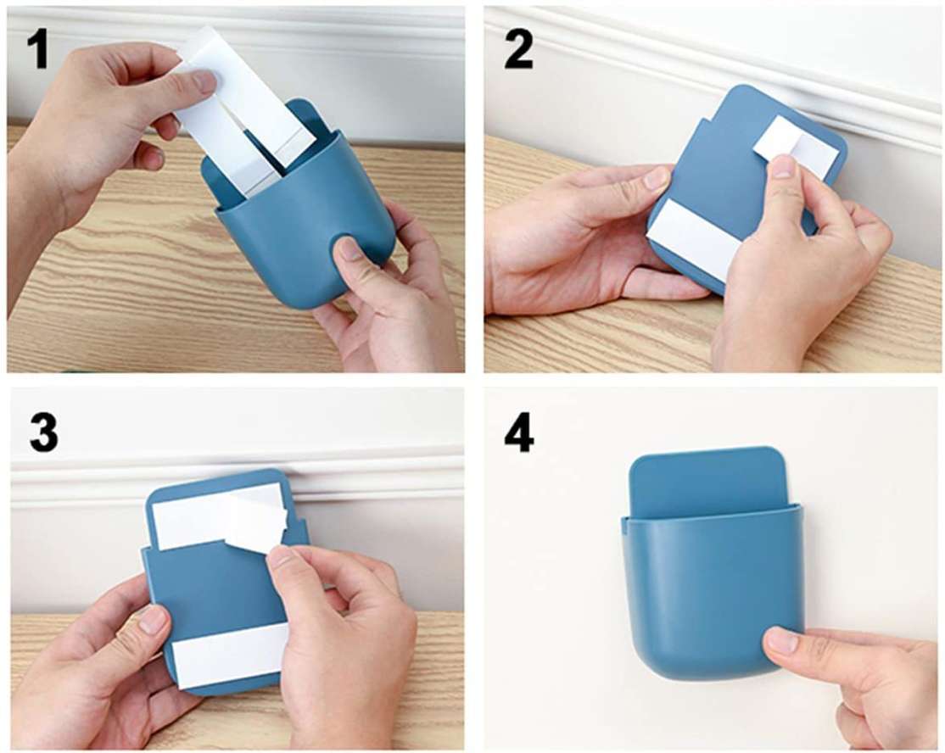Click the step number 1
point(38,49)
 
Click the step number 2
point(518,49)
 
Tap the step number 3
point(44,432)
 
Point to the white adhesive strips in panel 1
point(241,114)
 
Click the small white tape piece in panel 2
point(796,148)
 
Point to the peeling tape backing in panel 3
point(256,521)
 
